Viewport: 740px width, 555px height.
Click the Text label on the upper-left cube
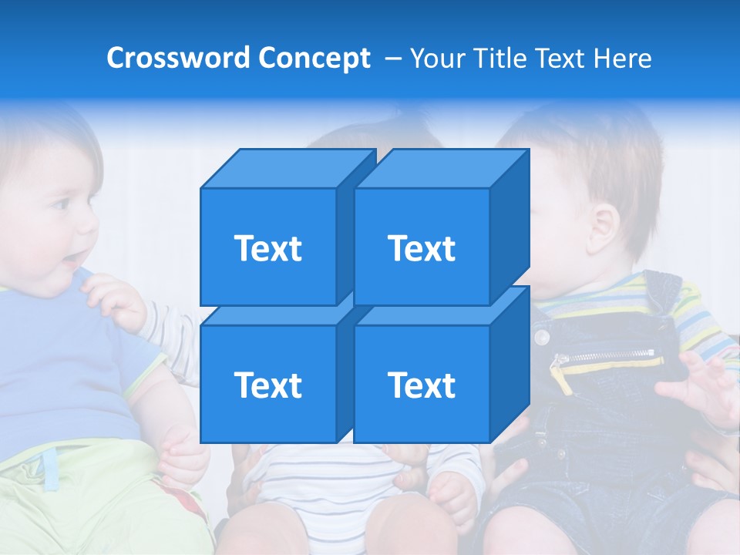coord(267,248)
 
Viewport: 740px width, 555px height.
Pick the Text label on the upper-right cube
coord(422,248)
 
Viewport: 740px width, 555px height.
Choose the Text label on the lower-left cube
coord(267,385)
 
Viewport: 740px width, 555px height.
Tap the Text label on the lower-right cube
coord(422,385)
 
